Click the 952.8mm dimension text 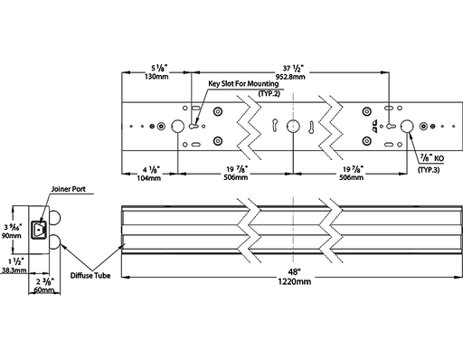(x=290, y=77)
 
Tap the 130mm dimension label (x=156, y=77)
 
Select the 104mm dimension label (x=149, y=178)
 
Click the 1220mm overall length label (x=294, y=281)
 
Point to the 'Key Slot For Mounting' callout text (x=243, y=83)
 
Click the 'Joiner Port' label (x=69, y=189)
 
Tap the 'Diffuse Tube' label (x=90, y=275)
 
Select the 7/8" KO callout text (x=432, y=157)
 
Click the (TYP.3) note (x=429, y=170)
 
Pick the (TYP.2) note (x=269, y=93)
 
